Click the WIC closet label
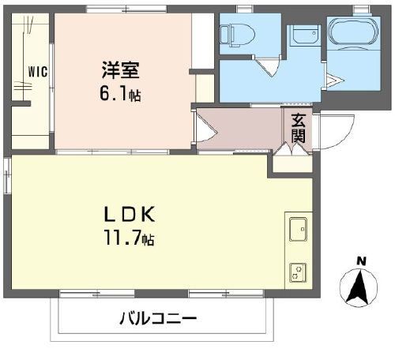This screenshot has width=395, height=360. pos(38,71)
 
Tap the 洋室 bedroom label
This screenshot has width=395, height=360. pos(120,70)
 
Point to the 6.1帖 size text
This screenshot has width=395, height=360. pos(120,94)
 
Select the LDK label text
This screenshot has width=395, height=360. pos(130,214)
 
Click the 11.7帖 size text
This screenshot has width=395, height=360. pos(129,238)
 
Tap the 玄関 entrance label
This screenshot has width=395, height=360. pos(299,129)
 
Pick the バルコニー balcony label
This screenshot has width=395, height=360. pos(158,318)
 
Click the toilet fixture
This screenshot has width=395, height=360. pos(238,35)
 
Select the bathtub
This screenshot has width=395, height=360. pos(354,32)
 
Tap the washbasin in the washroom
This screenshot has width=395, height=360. pos(306,35)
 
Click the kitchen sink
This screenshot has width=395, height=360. pos(298,229)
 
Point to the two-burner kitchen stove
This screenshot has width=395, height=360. pos(298,272)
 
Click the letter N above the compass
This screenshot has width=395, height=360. pos(361,261)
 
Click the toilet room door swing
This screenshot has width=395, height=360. pos(268,67)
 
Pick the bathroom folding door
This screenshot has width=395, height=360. pos(334,81)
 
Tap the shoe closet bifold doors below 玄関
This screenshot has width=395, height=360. pos(292,149)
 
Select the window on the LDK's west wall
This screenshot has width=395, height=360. pos(7,175)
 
